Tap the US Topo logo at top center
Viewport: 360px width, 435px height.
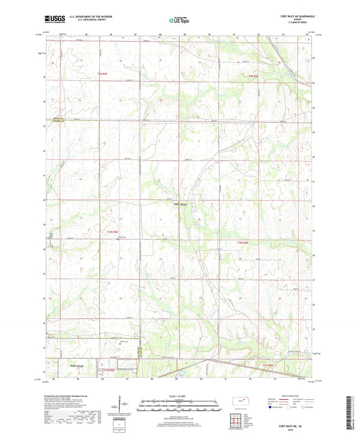[178, 21]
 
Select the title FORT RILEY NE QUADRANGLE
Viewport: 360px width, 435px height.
[292, 18]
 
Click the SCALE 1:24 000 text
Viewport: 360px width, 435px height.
[180, 395]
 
